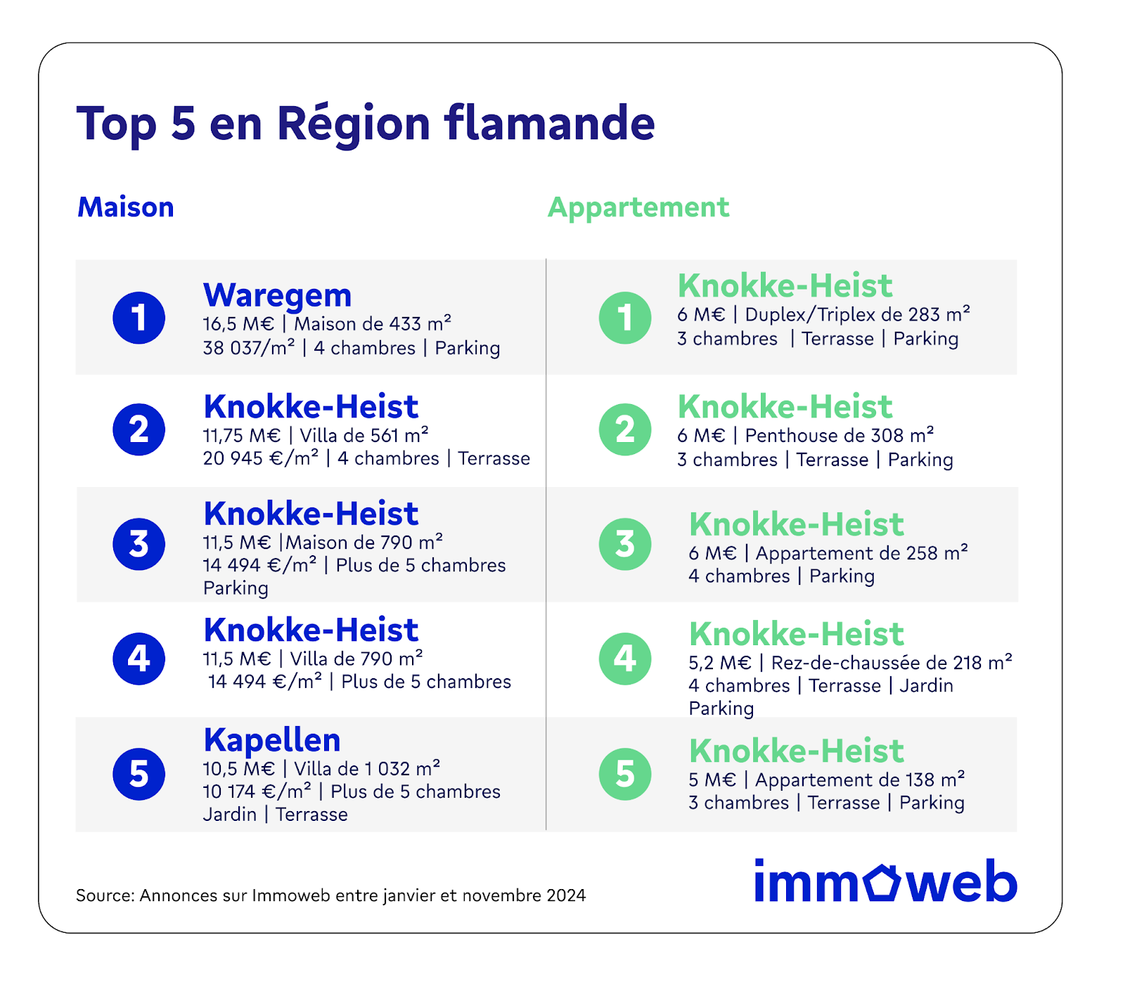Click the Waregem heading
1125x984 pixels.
277,296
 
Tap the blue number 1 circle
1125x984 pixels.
139,318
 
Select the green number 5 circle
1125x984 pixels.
625,774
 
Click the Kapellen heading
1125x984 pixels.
272,740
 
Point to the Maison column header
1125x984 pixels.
126,207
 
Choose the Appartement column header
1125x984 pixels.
638,208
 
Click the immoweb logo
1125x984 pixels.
886,881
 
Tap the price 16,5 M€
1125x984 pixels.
238,324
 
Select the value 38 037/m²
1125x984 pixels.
249,348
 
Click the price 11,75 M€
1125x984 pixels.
242,436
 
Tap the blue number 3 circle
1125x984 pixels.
139,544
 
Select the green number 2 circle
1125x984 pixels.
625,429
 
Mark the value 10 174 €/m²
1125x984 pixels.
257,791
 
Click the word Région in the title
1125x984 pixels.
354,124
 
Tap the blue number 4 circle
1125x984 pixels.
139,659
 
